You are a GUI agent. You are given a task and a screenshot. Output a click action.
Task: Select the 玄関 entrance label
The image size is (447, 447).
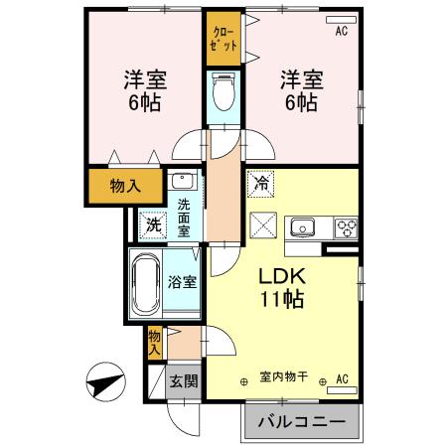click(x=182, y=380)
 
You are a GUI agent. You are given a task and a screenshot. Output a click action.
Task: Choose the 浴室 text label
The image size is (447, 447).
click(x=183, y=281)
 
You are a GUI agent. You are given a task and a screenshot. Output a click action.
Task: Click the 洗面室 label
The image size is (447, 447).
click(x=184, y=217)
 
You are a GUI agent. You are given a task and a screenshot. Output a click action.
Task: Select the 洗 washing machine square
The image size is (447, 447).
click(x=153, y=224)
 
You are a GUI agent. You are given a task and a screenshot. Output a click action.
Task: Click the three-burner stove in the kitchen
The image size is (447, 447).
click(x=347, y=226)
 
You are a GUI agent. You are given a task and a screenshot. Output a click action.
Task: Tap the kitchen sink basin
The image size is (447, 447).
click(x=302, y=226)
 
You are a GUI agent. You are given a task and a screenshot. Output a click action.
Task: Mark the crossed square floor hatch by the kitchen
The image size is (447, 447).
click(x=262, y=224)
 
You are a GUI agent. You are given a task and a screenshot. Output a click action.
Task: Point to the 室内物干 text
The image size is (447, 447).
click(x=283, y=377)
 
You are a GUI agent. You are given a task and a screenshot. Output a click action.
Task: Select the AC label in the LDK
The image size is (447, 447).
click(x=341, y=377)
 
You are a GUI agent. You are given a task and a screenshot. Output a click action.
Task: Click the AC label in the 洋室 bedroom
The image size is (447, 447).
click(x=340, y=32)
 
